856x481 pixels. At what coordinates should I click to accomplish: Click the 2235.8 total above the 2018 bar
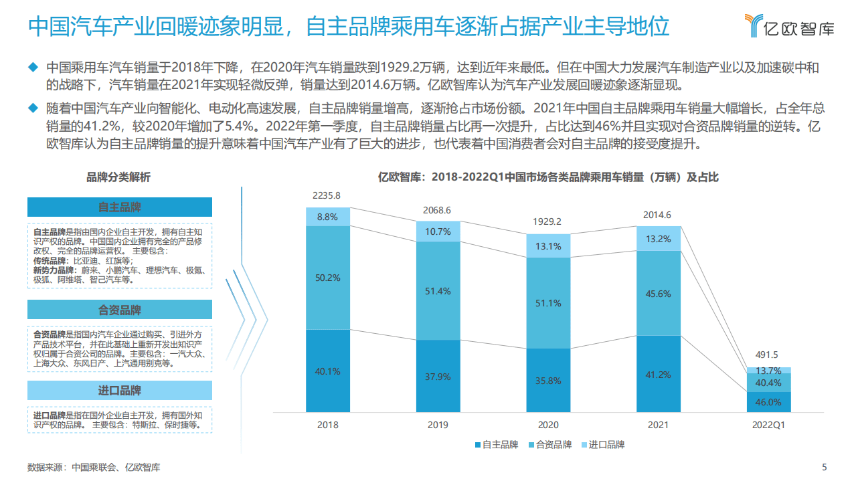point(327,195)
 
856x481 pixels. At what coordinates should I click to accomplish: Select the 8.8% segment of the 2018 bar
point(327,217)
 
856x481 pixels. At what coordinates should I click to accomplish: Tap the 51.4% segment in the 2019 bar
point(438,291)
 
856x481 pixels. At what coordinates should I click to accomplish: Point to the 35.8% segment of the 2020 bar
point(548,380)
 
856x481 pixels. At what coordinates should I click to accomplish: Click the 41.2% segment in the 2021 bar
point(659,375)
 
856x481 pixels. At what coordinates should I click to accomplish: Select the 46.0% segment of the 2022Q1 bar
point(768,402)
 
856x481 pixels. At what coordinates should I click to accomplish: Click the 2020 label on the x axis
point(548,425)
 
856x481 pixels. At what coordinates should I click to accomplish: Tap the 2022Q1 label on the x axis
point(768,425)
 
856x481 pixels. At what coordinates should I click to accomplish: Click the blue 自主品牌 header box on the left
point(120,207)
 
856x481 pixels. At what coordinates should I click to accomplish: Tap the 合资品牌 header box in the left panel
point(120,310)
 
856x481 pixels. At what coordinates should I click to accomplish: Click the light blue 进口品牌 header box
point(120,391)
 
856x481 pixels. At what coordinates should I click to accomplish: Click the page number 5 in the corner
point(824,467)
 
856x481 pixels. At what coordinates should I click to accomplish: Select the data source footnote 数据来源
point(94,467)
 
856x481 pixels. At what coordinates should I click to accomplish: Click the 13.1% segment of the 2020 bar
point(548,246)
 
